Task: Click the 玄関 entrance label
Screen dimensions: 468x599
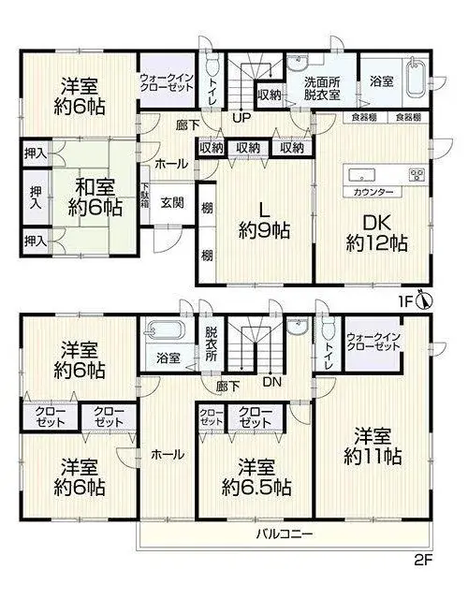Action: point(172,203)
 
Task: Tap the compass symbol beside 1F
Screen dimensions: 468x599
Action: point(424,299)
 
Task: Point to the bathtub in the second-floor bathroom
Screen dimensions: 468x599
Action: point(165,330)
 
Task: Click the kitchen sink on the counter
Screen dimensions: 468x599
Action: point(361,175)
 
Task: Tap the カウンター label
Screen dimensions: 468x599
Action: point(373,192)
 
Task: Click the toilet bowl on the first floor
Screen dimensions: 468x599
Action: point(212,67)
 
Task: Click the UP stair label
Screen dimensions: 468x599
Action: point(241,117)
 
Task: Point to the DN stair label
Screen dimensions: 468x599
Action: point(271,381)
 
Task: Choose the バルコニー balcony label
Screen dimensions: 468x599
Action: point(285,533)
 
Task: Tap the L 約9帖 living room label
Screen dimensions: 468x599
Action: point(264,221)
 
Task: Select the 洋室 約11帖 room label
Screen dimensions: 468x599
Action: point(373,446)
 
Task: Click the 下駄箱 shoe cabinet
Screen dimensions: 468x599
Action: point(145,195)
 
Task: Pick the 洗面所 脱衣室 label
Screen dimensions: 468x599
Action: point(322,88)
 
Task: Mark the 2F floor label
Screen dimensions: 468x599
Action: point(423,561)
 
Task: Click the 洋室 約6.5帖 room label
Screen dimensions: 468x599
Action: point(256,477)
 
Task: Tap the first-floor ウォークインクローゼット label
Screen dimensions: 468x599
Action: point(167,82)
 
